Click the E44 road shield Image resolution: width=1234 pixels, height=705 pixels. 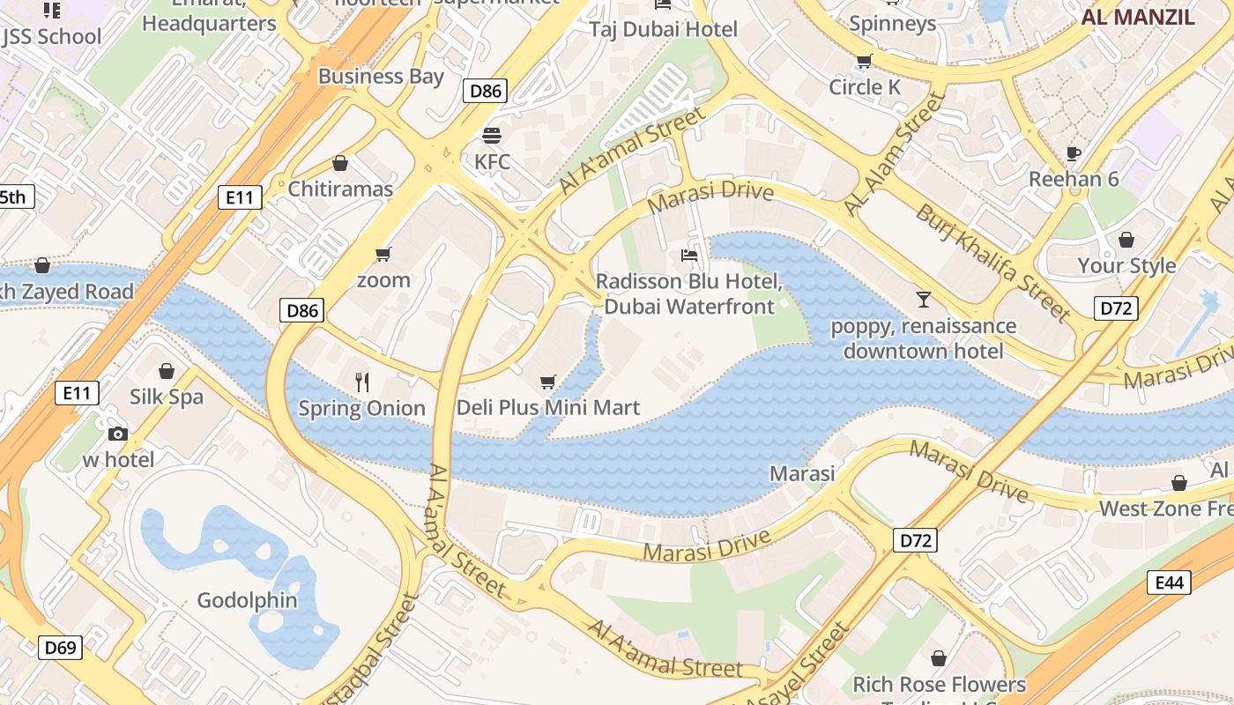click(1169, 582)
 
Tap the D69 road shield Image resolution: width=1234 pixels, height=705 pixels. click(61, 648)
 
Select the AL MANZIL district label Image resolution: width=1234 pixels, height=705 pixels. click(1138, 17)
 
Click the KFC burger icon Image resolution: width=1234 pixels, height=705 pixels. click(492, 136)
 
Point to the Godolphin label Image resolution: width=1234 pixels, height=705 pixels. click(247, 601)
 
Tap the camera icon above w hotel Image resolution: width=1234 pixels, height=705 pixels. click(117, 434)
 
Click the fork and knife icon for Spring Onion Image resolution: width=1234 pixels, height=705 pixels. click(361, 382)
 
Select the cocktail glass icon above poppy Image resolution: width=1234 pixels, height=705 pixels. click(923, 300)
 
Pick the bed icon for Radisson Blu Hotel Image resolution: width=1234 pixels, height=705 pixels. click(689, 256)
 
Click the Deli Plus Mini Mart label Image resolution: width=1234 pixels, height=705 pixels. click(547, 408)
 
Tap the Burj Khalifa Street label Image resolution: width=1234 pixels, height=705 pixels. click(992, 262)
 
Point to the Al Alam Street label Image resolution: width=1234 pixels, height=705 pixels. click(893, 155)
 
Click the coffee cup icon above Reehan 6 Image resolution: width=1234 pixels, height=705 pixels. click(1073, 153)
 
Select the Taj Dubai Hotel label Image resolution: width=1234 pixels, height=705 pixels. click(663, 29)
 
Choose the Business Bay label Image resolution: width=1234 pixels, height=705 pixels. click(381, 77)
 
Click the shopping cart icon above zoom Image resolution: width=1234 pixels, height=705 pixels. click(383, 255)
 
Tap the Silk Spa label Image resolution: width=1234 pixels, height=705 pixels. click(167, 397)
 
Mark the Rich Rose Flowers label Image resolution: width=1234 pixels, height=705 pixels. click(939, 685)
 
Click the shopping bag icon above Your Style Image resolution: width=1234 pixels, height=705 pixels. click(1126, 240)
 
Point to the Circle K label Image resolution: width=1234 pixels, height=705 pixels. click(864, 87)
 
